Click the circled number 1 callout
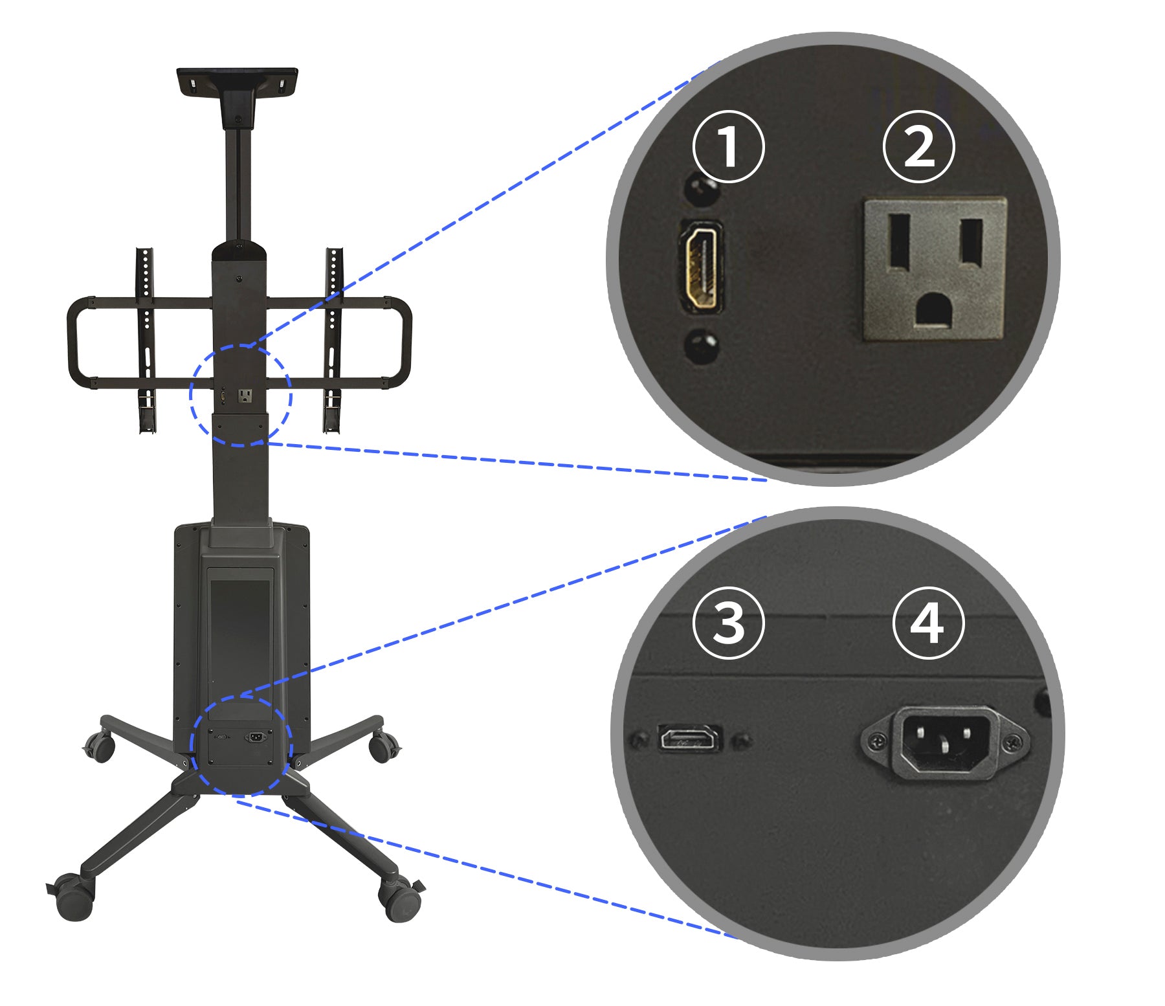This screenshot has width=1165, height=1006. pyautogui.click(x=728, y=147)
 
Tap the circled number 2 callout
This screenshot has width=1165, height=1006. pyautogui.click(x=918, y=147)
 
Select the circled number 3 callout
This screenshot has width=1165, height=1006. pyautogui.click(x=728, y=623)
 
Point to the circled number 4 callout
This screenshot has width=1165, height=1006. pyautogui.click(x=928, y=623)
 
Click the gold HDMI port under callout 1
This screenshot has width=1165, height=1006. pyautogui.click(x=701, y=267)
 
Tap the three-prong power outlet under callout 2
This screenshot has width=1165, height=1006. pyautogui.click(x=935, y=269)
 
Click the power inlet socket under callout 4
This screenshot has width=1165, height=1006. pyautogui.click(x=944, y=742)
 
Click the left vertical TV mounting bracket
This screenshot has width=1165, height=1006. pyautogui.click(x=146, y=339)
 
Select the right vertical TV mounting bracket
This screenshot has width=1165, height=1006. pyautogui.click(x=333, y=339)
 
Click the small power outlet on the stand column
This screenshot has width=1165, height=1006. pyautogui.click(x=245, y=396)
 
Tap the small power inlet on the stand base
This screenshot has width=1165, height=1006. pyautogui.click(x=256, y=737)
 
